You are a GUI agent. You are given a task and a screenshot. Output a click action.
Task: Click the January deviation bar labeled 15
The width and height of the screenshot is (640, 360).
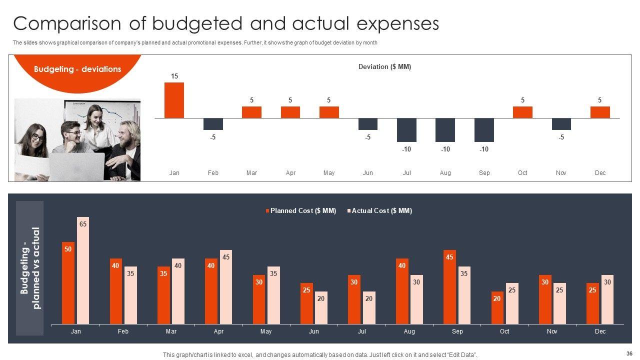pyautogui.click(x=174, y=100)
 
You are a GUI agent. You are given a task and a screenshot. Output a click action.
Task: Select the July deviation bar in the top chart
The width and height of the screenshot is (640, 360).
pyautogui.click(x=406, y=130)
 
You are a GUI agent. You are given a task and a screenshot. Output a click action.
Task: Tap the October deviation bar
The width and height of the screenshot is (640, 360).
pyautogui.click(x=522, y=112)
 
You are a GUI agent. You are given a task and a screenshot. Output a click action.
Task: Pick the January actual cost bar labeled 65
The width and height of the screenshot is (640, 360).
pyautogui.click(x=83, y=272)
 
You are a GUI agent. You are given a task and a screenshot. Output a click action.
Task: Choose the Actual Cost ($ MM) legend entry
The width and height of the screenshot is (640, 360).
pyautogui.click(x=381, y=211)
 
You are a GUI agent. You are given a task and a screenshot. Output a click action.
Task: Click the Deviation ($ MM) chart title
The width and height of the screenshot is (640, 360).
pyautogui.click(x=384, y=66)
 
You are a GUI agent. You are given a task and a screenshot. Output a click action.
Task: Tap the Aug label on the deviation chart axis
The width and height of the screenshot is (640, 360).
pyautogui.click(x=445, y=173)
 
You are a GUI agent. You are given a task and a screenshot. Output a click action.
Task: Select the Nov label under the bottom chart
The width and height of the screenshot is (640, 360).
pyautogui.click(x=552, y=331)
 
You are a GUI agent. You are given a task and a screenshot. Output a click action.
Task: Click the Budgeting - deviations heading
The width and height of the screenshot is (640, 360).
pyautogui.click(x=77, y=69)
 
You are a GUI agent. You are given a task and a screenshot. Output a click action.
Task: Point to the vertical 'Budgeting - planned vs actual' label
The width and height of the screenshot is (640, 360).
pyautogui.click(x=30, y=268)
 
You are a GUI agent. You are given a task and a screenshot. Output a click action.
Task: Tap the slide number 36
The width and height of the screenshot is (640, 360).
pyautogui.click(x=628, y=352)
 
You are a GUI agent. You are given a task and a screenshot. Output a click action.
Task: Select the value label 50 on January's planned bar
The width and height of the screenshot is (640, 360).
pyautogui.click(x=68, y=249)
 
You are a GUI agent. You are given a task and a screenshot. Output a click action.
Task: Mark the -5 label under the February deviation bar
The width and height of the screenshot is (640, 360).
pyautogui.click(x=213, y=137)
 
